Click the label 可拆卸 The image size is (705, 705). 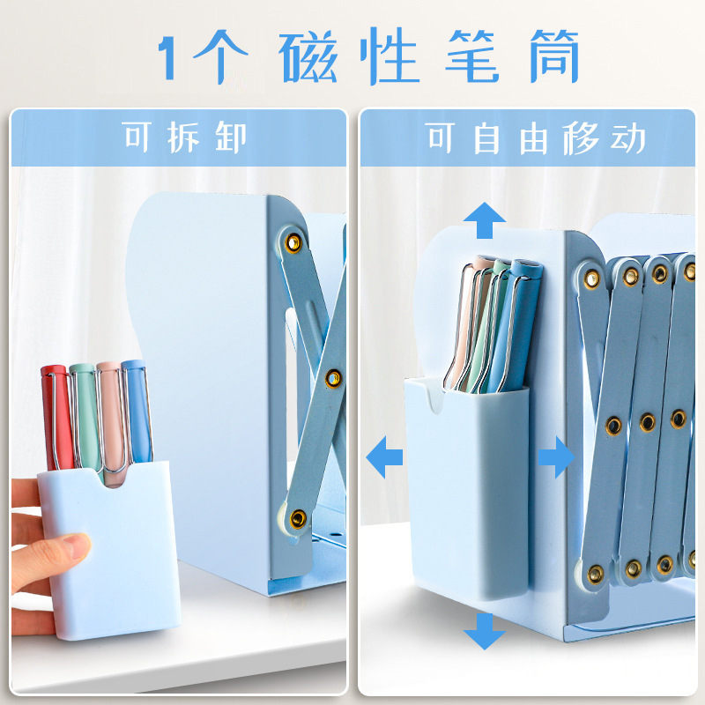pos(185,138)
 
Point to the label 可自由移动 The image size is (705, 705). pos(536,138)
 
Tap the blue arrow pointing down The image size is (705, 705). pos(484,629)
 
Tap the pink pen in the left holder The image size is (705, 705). pos(110,419)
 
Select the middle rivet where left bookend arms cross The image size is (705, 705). pos(333,378)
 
